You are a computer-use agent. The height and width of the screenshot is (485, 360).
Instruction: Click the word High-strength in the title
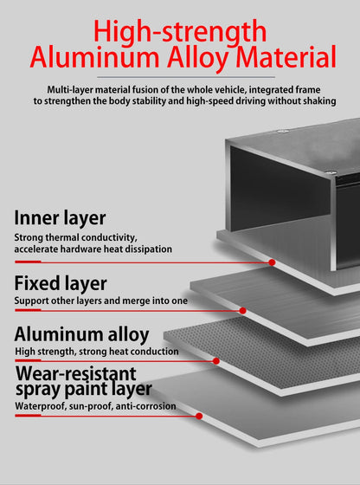tap(180, 32)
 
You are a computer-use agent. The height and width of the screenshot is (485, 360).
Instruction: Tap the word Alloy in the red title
tap(200, 57)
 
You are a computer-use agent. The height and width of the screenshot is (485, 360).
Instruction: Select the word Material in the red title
tap(286, 57)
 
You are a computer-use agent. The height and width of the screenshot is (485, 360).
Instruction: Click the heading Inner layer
tap(60, 218)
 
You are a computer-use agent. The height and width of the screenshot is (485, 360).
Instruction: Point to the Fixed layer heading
tap(61, 283)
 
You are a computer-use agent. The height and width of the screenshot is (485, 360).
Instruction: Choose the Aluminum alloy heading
tap(81, 334)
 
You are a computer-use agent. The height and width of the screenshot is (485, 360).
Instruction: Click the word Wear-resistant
tap(76, 373)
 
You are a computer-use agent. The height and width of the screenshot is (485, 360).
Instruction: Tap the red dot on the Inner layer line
tap(272, 262)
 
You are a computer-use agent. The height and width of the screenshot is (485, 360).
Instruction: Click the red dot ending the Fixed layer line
tap(243, 311)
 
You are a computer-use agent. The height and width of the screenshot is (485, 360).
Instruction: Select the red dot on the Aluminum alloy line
tap(216, 361)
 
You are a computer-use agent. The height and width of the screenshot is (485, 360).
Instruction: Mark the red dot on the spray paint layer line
tap(199, 416)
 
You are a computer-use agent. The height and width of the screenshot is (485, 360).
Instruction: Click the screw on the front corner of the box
tap(331, 172)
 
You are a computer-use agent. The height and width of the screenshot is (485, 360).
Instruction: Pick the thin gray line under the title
tap(186, 77)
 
